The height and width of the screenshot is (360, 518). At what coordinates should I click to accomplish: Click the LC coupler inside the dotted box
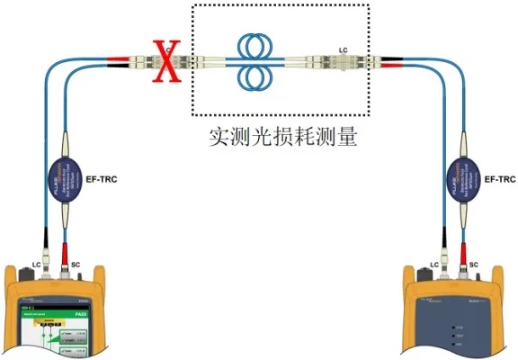click(343, 62)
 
